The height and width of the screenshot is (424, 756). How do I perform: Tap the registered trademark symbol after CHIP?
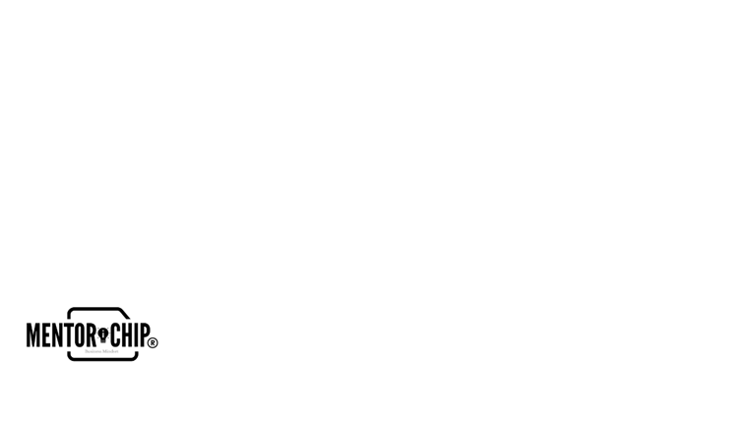click(152, 342)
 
